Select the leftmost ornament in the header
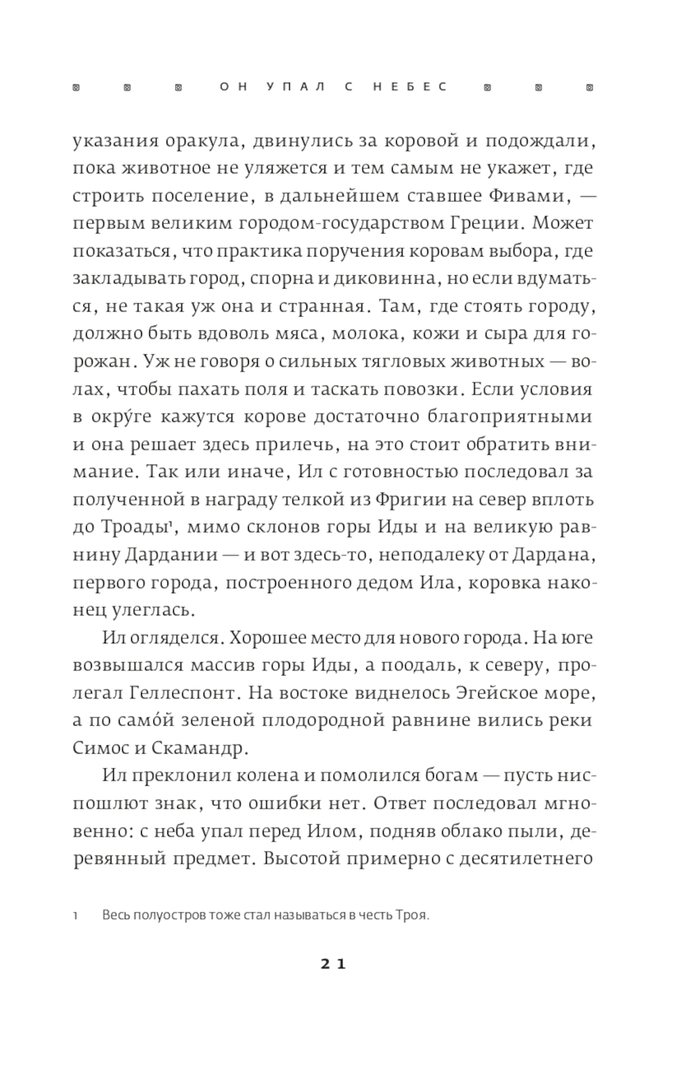pyautogui.click(x=77, y=88)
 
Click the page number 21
pyautogui.click(x=333, y=964)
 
